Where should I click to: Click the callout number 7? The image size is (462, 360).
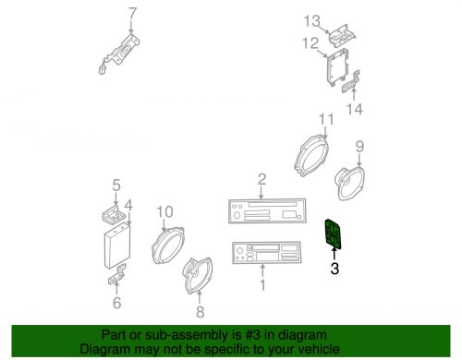132,14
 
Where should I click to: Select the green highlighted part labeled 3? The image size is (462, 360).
334,234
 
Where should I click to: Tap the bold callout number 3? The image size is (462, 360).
334,269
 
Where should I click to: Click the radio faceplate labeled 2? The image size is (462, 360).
267,210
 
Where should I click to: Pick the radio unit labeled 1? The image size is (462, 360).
267,253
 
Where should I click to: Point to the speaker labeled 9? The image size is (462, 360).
349,183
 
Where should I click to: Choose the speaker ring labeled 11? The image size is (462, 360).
311,156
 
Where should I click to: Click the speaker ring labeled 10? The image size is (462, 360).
168,246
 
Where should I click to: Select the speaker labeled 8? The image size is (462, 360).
198,275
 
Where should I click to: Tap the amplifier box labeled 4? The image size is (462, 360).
117,246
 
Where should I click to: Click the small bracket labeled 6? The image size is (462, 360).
117,274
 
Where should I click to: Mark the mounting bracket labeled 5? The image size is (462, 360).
114,214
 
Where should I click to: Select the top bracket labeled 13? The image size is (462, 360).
342,35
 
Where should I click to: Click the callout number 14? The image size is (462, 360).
355,109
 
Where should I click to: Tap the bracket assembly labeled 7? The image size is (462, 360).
119,54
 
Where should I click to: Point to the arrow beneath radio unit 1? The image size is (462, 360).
262,270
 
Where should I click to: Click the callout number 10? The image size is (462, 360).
164,212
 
